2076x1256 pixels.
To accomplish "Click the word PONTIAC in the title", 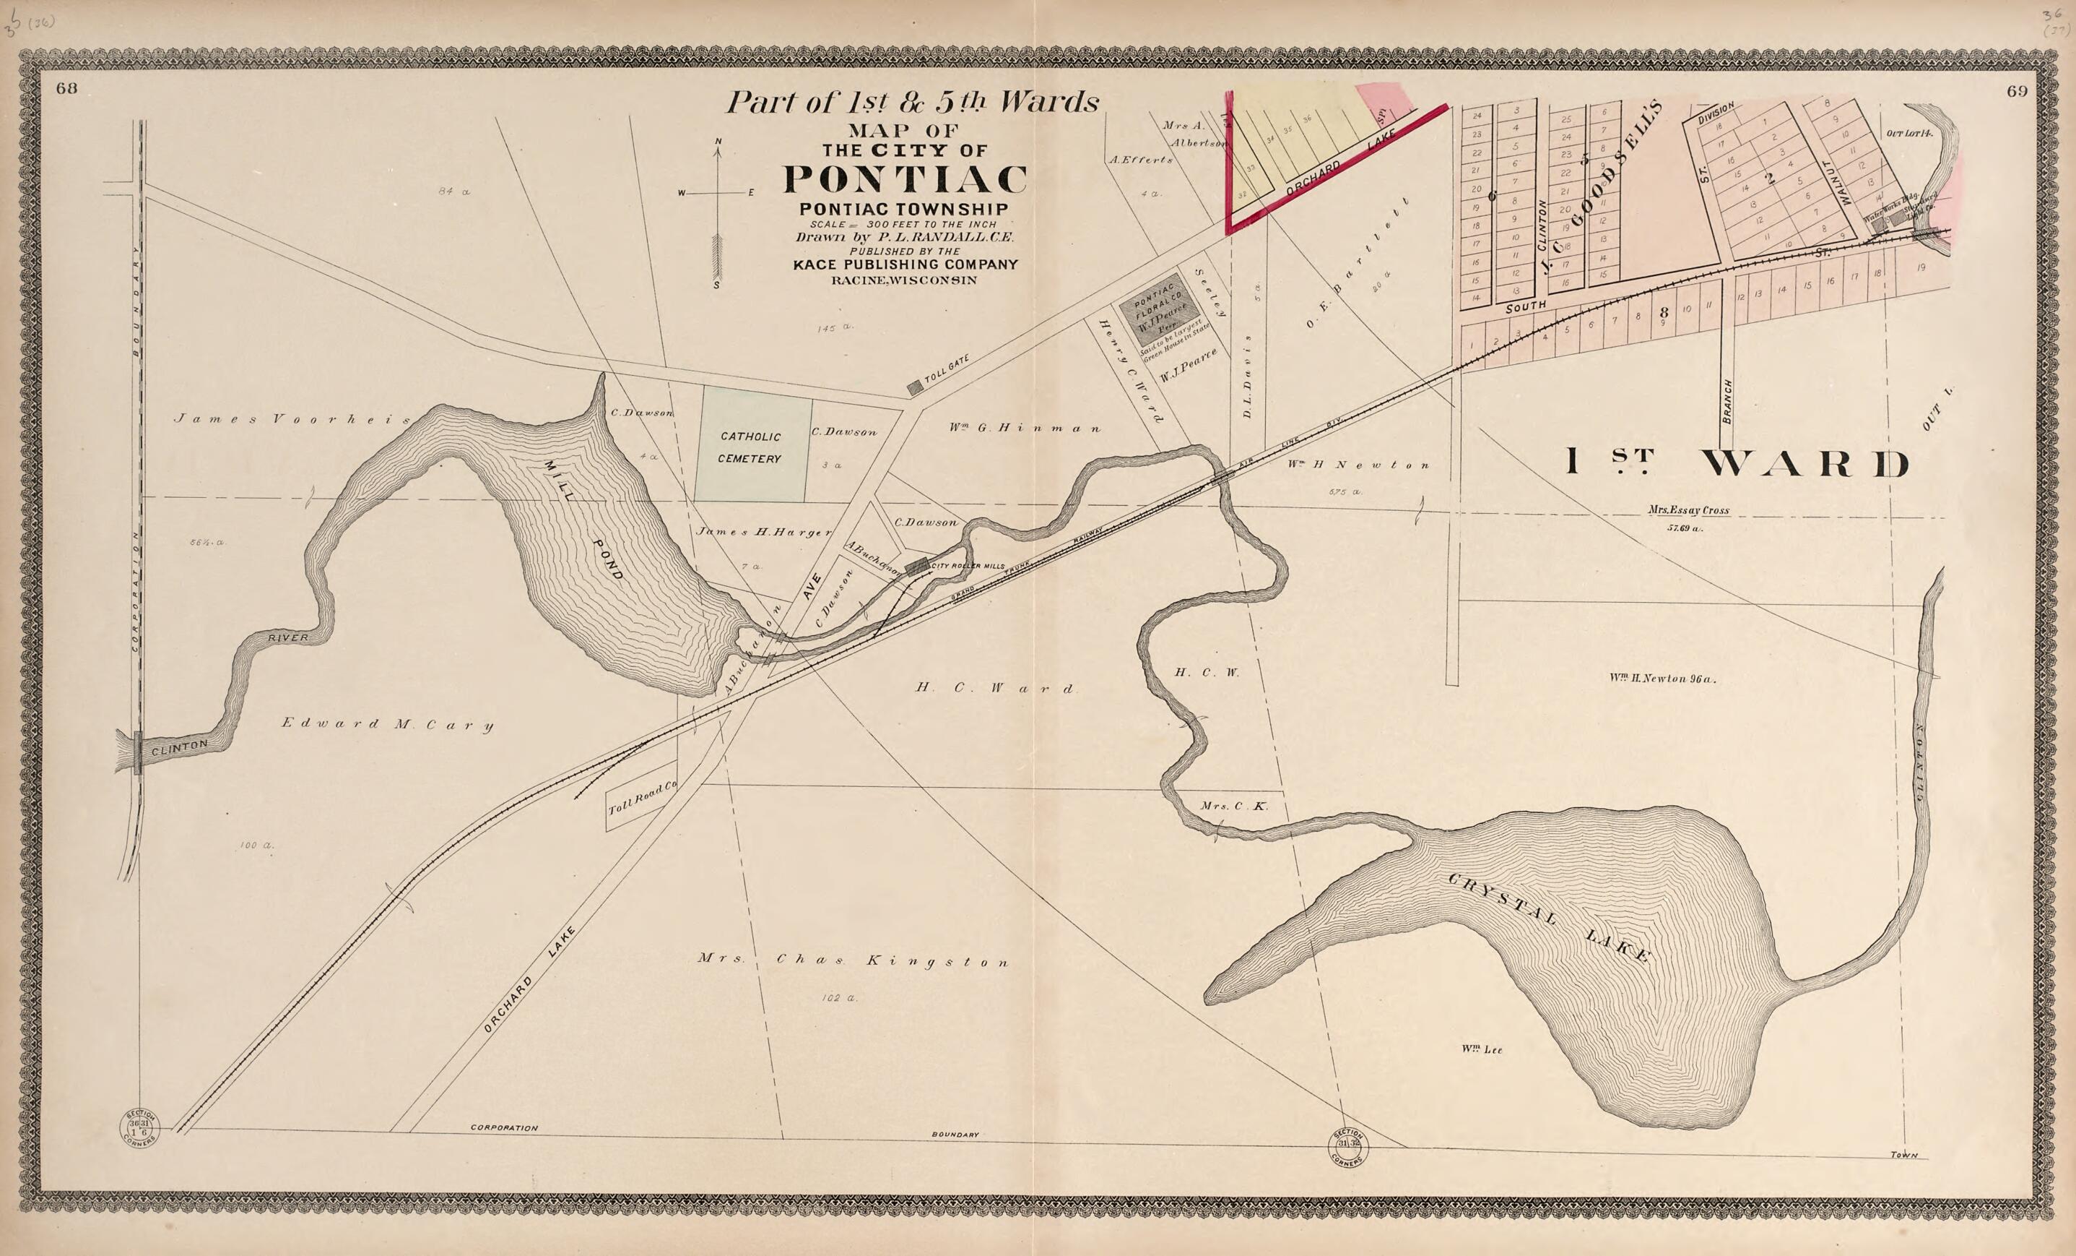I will coord(905,179).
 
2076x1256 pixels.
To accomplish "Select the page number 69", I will coord(2016,92).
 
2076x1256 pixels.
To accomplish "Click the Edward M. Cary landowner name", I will coord(387,724).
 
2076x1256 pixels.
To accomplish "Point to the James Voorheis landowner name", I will coord(292,419).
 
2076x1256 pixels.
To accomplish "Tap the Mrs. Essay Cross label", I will coord(1688,510).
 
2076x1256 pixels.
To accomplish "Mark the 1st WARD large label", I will coord(1737,463).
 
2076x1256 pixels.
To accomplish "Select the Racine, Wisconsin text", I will coord(904,280).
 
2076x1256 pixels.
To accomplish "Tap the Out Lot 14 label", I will coord(1908,133).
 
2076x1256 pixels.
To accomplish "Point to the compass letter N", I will coord(718,141).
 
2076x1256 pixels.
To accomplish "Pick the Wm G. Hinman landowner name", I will coord(1024,429).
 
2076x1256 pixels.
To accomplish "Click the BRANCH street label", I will coord(1727,401).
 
